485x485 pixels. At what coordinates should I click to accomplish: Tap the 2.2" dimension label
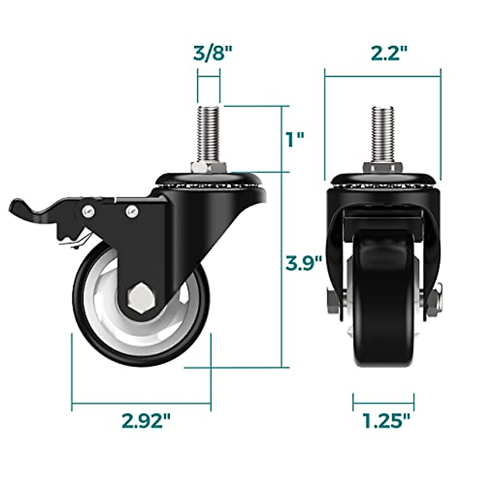[389, 53]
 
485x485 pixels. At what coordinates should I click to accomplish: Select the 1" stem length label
[294, 139]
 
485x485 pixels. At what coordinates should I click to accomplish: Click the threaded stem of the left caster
[208, 133]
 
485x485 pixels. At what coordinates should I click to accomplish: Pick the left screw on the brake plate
[88, 210]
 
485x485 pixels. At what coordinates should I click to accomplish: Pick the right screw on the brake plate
[131, 210]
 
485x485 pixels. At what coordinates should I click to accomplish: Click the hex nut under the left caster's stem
[208, 167]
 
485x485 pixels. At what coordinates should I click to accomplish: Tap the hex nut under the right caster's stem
[382, 167]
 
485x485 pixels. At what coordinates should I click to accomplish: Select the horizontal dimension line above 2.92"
[141, 403]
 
